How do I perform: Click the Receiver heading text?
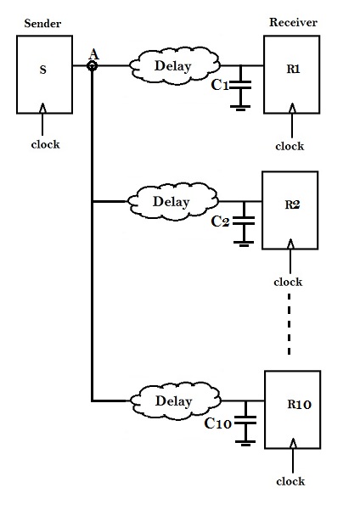click(293, 22)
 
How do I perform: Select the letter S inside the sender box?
click(42, 70)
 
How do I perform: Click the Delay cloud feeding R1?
click(172, 65)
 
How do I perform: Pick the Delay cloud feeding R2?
click(171, 202)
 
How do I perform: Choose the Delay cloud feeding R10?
click(175, 400)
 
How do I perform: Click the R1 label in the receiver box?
click(295, 69)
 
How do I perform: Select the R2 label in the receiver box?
click(292, 204)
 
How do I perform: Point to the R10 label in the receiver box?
click(299, 404)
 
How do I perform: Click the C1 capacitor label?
click(219, 85)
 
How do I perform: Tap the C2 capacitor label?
click(220, 221)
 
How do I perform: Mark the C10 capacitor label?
click(220, 422)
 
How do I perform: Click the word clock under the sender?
click(44, 144)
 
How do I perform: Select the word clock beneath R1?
click(290, 146)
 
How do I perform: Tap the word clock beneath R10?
click(290, 482)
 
